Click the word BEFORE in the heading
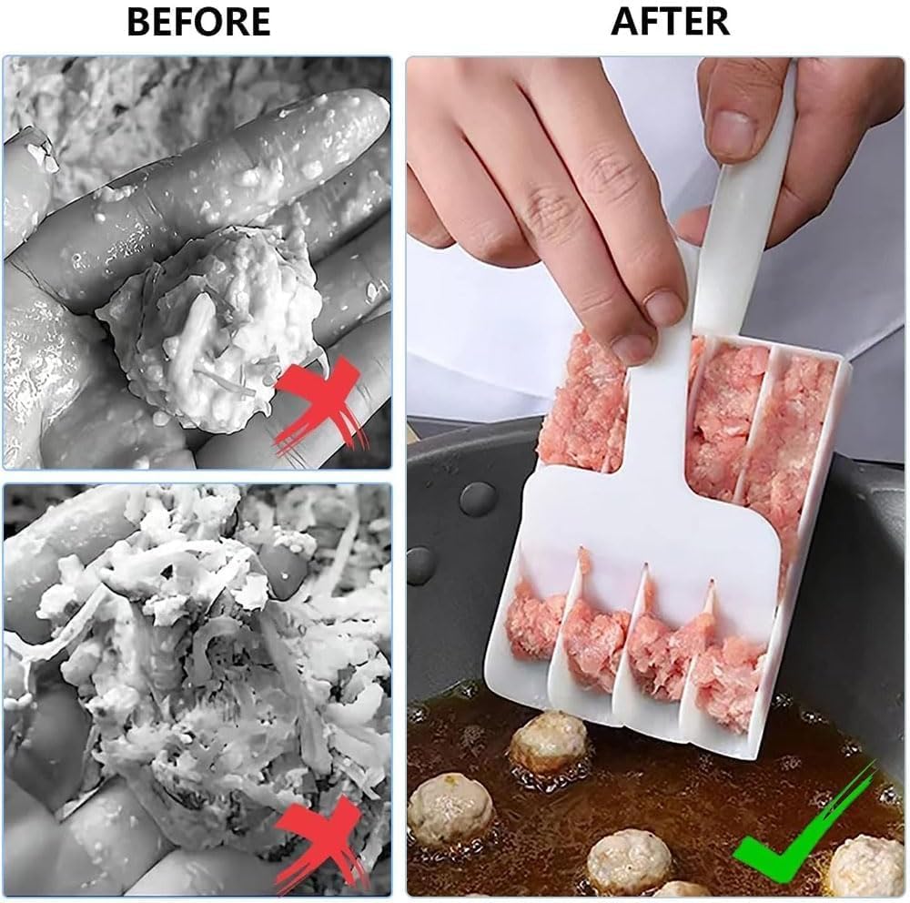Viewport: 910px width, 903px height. pos(198,22)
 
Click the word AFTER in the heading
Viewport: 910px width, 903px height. pos(670,22)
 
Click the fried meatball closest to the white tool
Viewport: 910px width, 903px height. pos(548,742)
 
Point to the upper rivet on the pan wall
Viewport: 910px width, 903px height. pos(478,499)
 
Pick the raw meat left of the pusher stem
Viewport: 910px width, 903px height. pos(582,401)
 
